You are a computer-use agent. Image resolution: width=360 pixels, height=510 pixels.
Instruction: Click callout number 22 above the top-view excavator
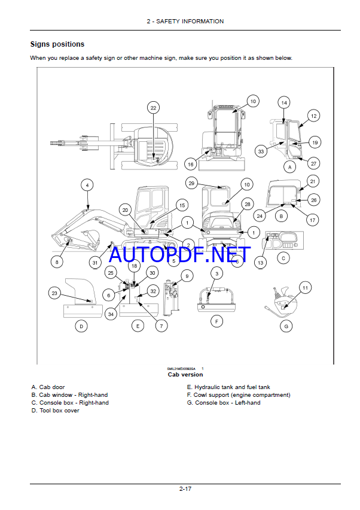pos(153,108)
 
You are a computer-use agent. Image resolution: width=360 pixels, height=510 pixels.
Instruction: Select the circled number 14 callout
pos(284,103)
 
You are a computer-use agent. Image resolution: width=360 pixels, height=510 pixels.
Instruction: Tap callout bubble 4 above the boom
pos(87,185)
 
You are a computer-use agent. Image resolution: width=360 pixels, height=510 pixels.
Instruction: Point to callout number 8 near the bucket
pos(57,262)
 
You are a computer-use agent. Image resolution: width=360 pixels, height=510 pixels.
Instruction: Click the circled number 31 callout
pos(95,262)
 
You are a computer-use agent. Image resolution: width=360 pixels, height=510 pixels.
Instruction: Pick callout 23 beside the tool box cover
pos(55,293)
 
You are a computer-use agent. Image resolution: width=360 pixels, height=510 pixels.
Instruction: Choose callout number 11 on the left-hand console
pos(306,288)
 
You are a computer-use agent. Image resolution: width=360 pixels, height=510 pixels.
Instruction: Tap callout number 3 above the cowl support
pos(217,274)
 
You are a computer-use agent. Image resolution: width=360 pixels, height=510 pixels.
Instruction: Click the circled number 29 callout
pos(191,183)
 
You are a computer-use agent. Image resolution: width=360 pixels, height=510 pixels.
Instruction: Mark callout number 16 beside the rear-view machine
pos(191,163)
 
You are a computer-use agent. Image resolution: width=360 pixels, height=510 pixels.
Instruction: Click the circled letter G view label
pos(286,326)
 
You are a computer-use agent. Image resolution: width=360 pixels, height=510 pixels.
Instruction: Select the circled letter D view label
pos(81,326)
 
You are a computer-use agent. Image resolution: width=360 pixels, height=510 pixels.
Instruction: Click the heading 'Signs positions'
pos(57,44)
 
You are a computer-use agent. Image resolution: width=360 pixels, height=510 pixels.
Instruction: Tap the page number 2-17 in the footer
pos(184,490)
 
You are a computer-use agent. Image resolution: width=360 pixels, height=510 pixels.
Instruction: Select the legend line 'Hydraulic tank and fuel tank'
pos(228,387)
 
